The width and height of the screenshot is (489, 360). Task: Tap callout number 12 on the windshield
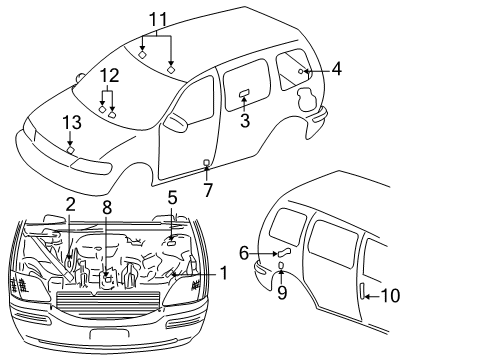pyautogui.click(x=109, y=74)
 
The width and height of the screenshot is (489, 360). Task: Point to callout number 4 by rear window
pyautogui.click(x=336, y=69)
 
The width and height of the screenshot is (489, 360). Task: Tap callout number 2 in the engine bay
pyautogui.click(x=70, y=205)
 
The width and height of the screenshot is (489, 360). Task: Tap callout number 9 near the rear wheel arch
pyautogui.click(x=282, y=293)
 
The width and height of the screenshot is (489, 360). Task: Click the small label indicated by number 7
pyautogui.click(x=207, y=162)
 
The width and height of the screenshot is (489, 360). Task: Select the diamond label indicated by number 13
pyautogui.click(x=70, y=150)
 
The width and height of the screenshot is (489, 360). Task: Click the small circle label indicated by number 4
pyautogui.click(x=302, y=72)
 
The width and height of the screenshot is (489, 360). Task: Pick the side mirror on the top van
pyautogui.click(x=176, y=122)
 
